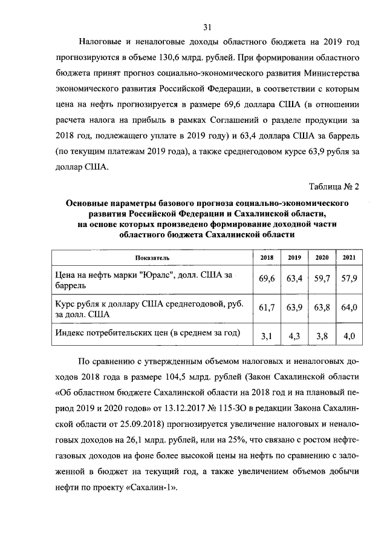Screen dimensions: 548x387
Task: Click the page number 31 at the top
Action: tap(207, 27)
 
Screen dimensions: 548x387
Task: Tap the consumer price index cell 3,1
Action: tap(267, 335)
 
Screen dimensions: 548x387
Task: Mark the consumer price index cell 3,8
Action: tap(322, 335)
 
